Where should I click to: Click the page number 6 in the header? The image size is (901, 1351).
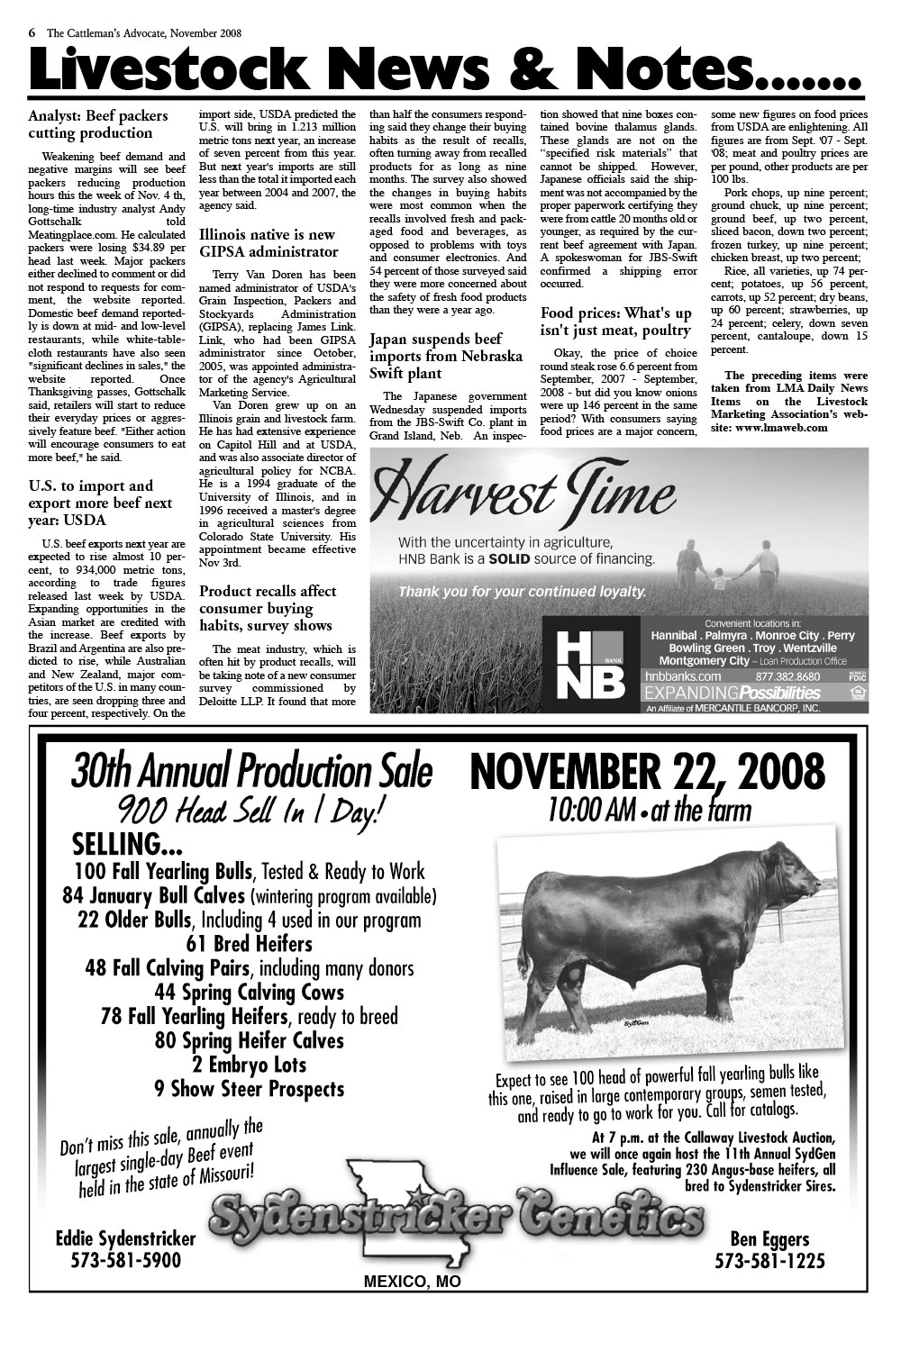[32, 32]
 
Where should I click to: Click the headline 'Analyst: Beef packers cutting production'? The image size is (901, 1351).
[97, 124]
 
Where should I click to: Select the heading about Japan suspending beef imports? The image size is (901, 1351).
[446, 356]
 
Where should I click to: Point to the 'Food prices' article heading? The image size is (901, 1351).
[616, 322]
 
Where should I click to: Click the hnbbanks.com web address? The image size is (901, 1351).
[683, 676]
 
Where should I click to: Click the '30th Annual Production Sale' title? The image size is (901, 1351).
[251, 772]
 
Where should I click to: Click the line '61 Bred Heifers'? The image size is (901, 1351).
[249, 944]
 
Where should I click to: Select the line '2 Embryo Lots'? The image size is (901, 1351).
[249, 1065]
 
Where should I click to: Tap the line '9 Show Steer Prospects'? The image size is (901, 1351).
[249, 1089]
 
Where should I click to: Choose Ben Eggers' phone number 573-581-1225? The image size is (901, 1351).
[769, 1261]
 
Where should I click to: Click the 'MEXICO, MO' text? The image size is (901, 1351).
[412, 1282]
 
